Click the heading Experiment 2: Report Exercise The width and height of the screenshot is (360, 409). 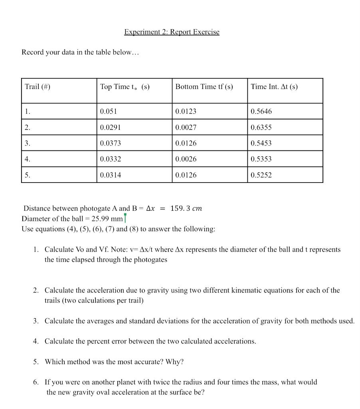coord(172,32)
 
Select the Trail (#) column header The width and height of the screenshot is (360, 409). coord(38,87)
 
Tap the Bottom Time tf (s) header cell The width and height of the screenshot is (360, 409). coord(204,87)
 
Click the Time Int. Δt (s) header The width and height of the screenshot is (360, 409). coord(274,87)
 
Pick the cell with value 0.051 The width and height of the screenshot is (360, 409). coord(108,111)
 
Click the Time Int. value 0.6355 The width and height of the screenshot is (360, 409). coord(261,127)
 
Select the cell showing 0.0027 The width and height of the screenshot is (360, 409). coord(186,127)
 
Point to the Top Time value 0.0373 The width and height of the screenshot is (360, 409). coord(110,143)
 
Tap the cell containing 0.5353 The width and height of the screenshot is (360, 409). coord(261,159)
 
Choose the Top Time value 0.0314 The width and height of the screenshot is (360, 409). coord(110,175)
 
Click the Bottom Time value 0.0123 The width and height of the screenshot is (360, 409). coord(186,111)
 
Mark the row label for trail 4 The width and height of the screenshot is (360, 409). coord(27,159)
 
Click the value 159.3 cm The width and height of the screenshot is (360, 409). coord(186,208)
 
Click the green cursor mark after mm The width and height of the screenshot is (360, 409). coord(125,218)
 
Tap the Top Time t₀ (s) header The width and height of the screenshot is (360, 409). coord(125,87)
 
